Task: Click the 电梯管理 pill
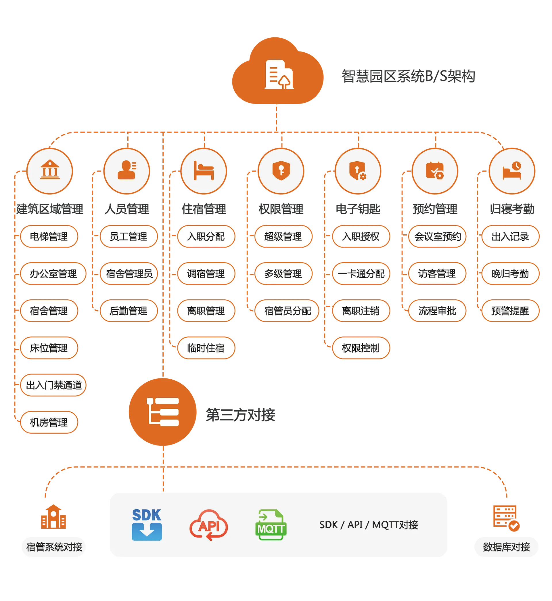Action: [x=49, y=237]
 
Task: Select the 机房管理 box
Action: [x=49, y=422]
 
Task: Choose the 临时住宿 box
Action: [x=206, y=348]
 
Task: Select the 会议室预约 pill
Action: [x=438, y=237]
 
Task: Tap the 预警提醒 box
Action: [x=510, y=311]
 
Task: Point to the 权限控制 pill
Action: [x=361, y=348]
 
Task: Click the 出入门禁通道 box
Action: [x=53, y=385]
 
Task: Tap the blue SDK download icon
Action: [x=147, y=525]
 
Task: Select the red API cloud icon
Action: [x=209, y=525]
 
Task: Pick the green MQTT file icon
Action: [x=271, y=525]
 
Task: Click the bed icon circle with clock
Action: [x=512, y=171]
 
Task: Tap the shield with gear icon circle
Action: [x=358, y=171]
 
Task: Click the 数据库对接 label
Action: [x=506, y=547]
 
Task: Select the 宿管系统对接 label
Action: [x=54, y=547]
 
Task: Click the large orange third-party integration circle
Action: [x=163, y=412]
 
